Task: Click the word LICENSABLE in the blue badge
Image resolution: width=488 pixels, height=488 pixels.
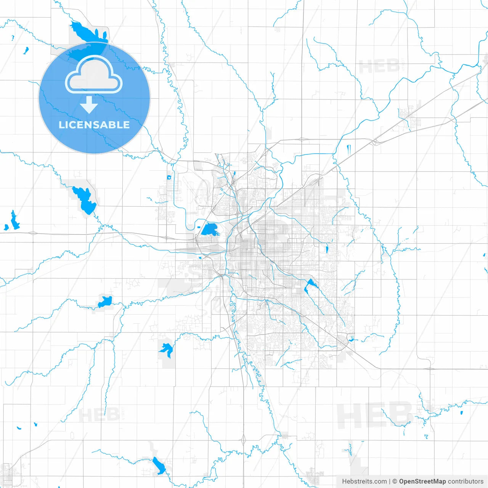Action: tap(94, 125)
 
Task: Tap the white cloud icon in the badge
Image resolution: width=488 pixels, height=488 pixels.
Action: tap(94, 75)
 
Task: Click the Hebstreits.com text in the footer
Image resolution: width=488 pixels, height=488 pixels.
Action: tap(364, 482)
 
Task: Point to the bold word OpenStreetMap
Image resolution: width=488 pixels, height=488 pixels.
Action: tap(422, 482)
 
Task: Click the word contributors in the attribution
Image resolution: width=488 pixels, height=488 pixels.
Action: tap(466, 482)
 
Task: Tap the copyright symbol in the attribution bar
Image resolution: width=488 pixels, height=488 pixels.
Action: tap(395, 482)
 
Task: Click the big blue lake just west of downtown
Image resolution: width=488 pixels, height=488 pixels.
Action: tap(209, 230)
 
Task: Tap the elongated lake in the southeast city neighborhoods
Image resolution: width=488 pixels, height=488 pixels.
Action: tap(309, 286)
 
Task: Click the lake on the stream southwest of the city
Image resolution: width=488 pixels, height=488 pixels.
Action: tap(105, 301)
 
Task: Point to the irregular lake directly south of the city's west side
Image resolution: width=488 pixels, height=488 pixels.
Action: tap(166, 349)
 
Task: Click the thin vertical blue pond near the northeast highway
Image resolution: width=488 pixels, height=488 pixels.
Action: tap(348, 149)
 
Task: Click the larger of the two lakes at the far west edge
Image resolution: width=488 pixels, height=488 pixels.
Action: tap(14, 221)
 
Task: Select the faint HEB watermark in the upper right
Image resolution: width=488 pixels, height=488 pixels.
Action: tap(379, 67)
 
